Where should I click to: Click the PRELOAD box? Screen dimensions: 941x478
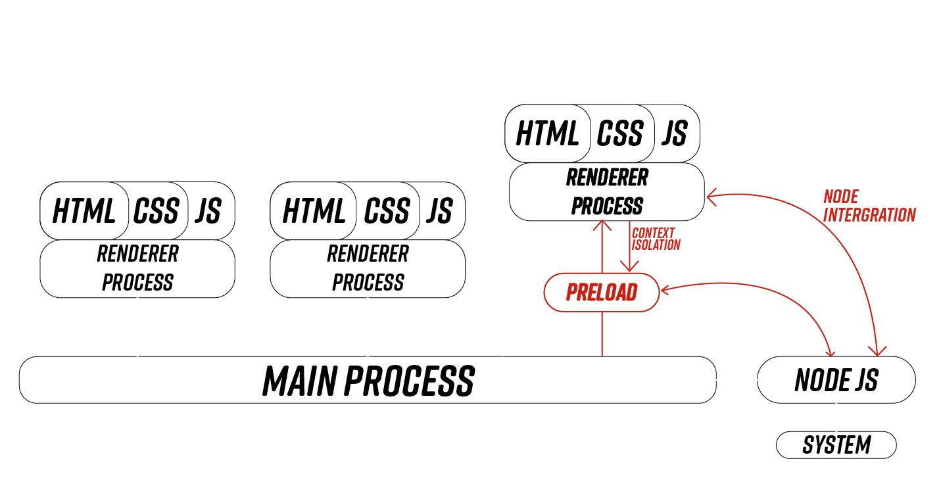coord(601,292)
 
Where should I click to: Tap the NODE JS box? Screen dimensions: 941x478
coord(836,379)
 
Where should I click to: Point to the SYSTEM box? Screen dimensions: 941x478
coord(836,445)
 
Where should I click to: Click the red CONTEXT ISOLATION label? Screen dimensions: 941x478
coord(655,239)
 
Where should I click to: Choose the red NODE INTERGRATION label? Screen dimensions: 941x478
coord(869,206)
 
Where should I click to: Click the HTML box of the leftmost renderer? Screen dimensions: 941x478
coord(84,211)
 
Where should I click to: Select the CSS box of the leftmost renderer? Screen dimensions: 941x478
coord(157,211)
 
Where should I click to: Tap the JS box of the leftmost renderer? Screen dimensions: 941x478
coord(208,211)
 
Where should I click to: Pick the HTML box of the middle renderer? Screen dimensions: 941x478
coord(314,211)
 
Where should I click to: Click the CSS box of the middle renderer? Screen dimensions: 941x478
coord(387,211)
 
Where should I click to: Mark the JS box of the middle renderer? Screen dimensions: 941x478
coord(439,211)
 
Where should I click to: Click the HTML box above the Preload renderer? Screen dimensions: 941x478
coord(548,133)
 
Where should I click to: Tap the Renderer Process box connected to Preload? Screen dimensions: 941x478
coord(607,192)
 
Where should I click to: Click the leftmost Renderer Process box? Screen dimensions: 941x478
coord(137,268)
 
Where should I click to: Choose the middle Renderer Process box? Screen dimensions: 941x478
coord(368,268)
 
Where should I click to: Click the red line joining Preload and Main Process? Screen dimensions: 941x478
coord(602,334)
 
